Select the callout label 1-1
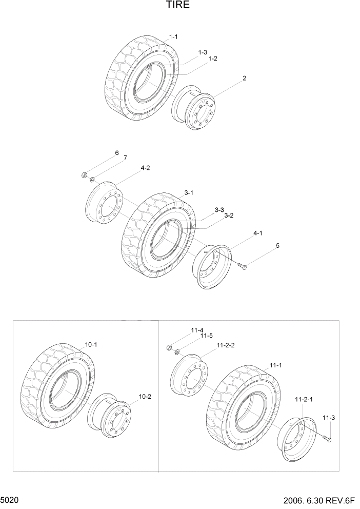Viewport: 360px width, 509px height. pyautogui.click(x=173, y=37)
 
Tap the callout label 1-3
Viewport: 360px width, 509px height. pyautogui.click(x=203, y=52)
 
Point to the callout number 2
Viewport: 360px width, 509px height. pyautogui.click(x=244, y=79)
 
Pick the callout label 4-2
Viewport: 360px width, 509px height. pyautogui.click(x=145, y=168)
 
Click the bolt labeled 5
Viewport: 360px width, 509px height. pyautogui.click(x=242, y=266)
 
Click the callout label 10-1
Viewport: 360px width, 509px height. pyautogui.click(x=91, y=345)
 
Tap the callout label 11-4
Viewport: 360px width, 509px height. pyautogui.click(x=197, y=330)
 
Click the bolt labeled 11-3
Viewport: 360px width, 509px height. pyautogui.click(x=327, y=438)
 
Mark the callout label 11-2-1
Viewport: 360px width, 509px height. pyautogui.click(x=304, y=399)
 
